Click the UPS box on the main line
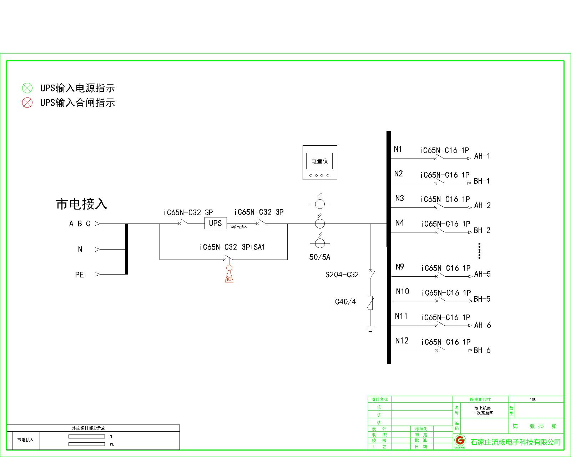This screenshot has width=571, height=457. tap(215, 223)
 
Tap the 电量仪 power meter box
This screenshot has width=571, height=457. tap(320, 162)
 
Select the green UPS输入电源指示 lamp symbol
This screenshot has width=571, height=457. tap(27, 88)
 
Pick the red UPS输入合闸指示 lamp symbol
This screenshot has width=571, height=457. tap(27, 103)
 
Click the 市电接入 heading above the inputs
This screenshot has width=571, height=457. tap(81, 204)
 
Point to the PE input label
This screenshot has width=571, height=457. tap(79, 275)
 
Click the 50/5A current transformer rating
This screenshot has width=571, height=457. tap(319, 257)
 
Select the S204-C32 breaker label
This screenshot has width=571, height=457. tap(342, 275)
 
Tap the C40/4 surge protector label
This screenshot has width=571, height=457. tap(345, 302)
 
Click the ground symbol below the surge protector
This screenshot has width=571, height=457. tap(370, 328)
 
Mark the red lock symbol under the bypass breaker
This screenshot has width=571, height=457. tap(229, 275)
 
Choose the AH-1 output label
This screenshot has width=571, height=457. tap(482, 156)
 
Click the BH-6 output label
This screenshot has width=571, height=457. tap(482, 350)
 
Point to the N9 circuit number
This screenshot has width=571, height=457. tap(400, 267)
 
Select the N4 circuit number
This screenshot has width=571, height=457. tap(399, 223)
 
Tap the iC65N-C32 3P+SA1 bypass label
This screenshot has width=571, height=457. tap(232, 247)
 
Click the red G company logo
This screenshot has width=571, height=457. tap(460, 440)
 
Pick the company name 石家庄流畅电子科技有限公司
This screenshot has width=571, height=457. tap(516, 442)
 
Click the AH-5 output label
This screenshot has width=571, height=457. tap(482, 274)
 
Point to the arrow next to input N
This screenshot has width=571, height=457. tap(97, 250)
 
